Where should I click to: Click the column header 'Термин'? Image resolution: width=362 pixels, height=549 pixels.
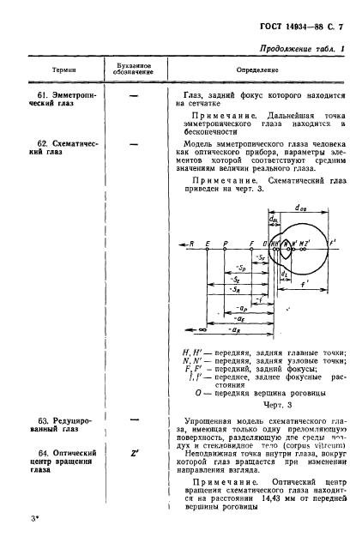(61, 66)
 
